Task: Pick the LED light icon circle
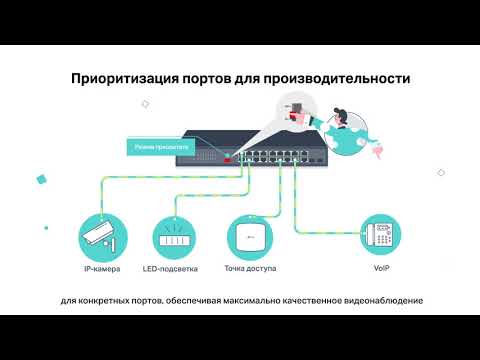click(x=176, y=237)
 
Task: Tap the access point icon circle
click(x=252, y=237)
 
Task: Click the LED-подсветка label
click(x=176, y=270)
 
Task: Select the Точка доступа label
click(x=252, y=270)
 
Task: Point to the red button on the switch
click(x=228, y=158)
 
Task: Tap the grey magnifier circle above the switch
click(x=291, y=108)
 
